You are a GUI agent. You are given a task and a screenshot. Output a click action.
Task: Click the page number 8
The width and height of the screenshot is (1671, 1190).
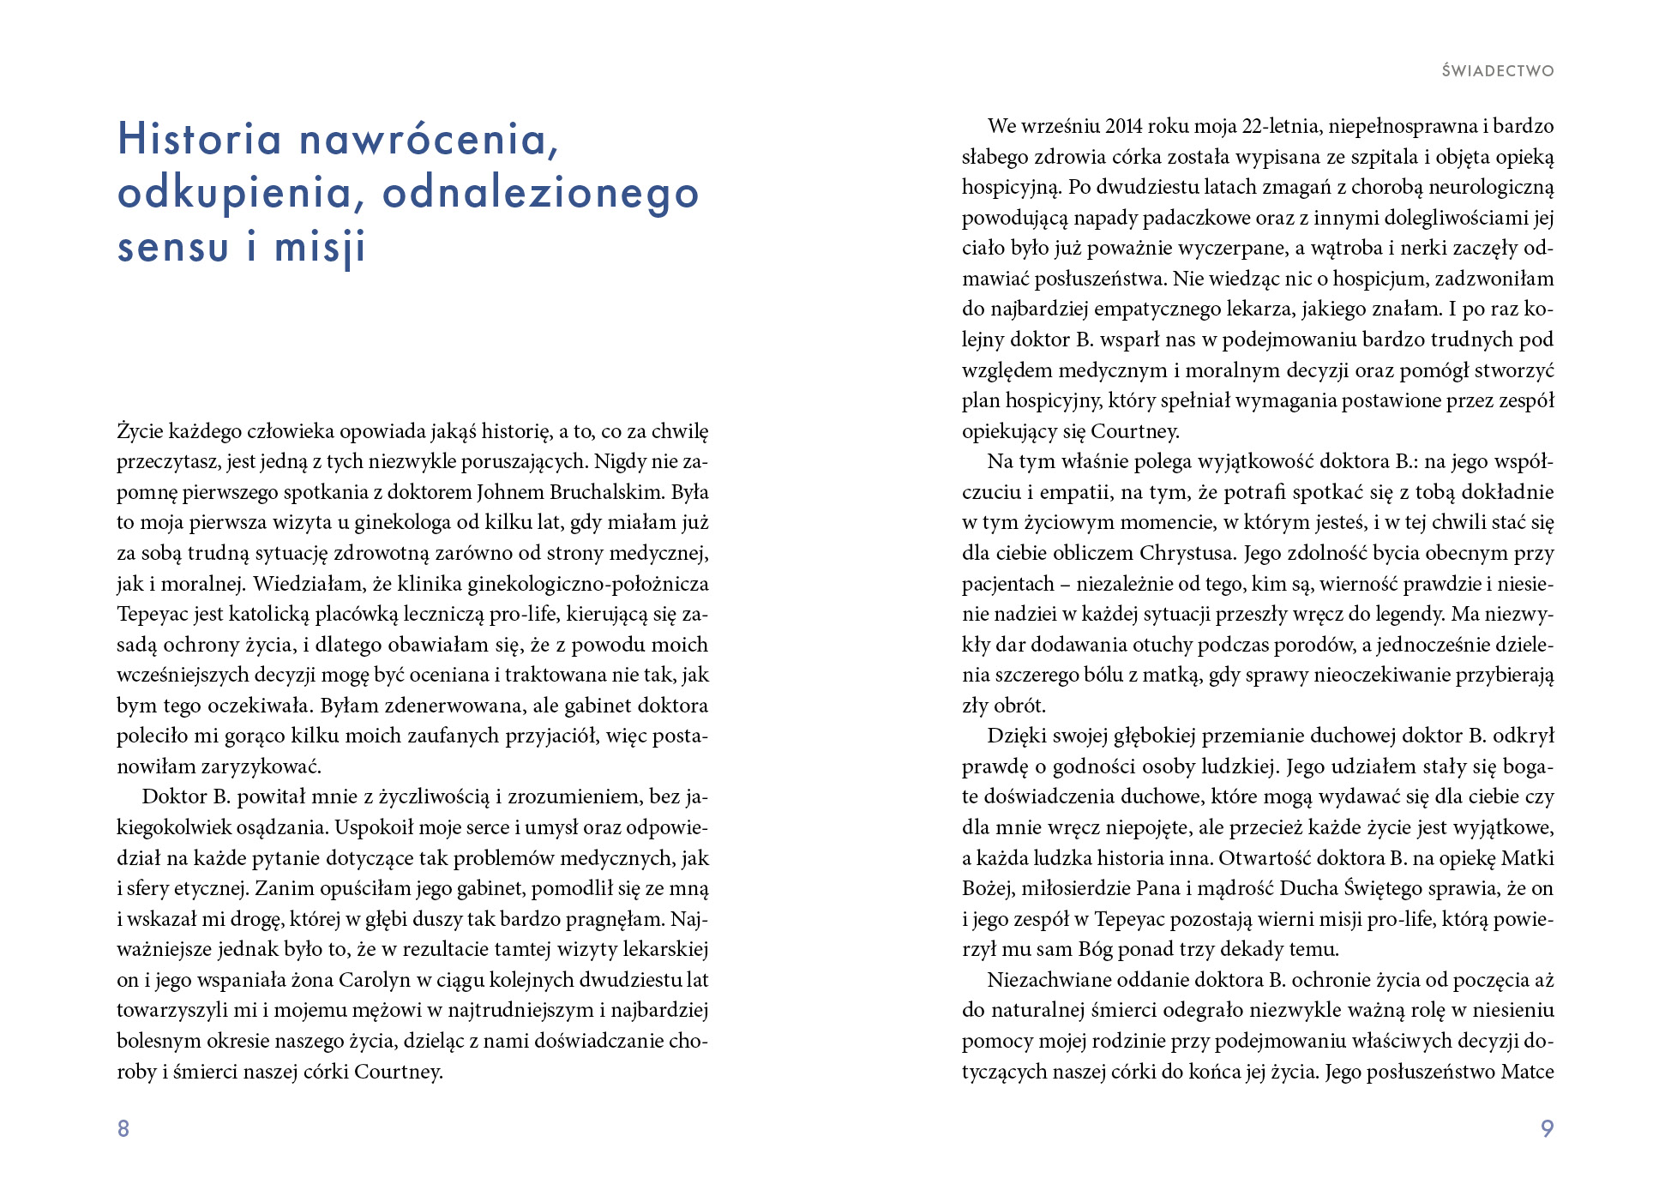coord(123,1128)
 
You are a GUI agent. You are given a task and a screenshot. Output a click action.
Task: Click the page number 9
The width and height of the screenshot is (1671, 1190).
coord(1547,1128)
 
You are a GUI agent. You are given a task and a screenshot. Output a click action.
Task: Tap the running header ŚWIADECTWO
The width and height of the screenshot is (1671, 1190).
coord(1497,71)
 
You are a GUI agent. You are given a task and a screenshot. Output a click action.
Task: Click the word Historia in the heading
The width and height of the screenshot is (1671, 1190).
coord(199,139)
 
